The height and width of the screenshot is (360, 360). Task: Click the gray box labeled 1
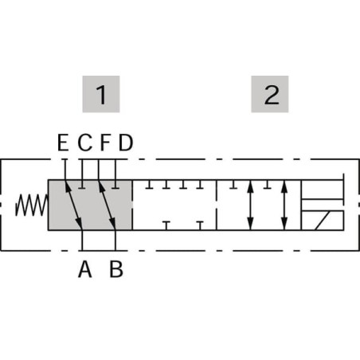pos(101,94)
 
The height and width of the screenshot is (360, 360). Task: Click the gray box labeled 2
pos(270,94)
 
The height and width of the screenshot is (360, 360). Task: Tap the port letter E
pos(63,143)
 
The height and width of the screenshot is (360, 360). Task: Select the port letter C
pos(85,143)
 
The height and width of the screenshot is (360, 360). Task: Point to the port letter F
pos(105,143)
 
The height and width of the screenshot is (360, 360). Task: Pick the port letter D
pos(125,143)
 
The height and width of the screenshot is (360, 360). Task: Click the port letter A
pos(85,269)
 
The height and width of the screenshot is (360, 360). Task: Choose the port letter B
pos(116,269)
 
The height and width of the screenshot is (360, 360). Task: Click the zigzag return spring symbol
pos(31,205)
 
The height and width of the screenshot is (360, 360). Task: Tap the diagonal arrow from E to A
pos(74,205)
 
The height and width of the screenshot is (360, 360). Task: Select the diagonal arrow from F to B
pos(107,205)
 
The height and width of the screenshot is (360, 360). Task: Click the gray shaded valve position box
pos(90,205)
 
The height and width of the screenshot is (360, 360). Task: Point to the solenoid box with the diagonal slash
pos(323,221)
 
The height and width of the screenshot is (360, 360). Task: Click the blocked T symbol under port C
pos(83,184)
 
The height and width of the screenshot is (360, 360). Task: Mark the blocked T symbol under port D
pos(115,184)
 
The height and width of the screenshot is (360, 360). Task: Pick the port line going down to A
pos(82,241)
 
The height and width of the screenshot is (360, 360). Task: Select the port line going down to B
pos(115,241)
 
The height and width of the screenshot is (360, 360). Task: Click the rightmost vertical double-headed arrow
pos(284,205)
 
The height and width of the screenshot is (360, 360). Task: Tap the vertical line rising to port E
pos(65,170)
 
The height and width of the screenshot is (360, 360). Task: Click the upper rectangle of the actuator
pos(323,190)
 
